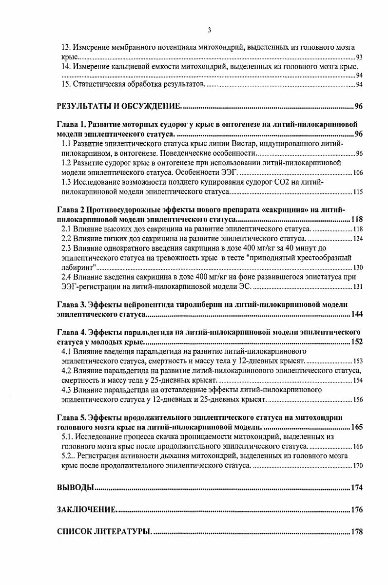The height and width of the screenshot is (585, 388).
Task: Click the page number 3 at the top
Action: pos(209,30)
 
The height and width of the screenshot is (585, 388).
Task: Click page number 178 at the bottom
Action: pos(357,532)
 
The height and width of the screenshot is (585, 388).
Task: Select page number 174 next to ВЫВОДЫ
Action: pos(357,488)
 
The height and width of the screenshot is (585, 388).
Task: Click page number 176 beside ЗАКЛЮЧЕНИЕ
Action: pos(357,510)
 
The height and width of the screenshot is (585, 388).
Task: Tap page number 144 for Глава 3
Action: pos(357,315)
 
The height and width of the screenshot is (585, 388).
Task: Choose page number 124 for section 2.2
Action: pos(358,239)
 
